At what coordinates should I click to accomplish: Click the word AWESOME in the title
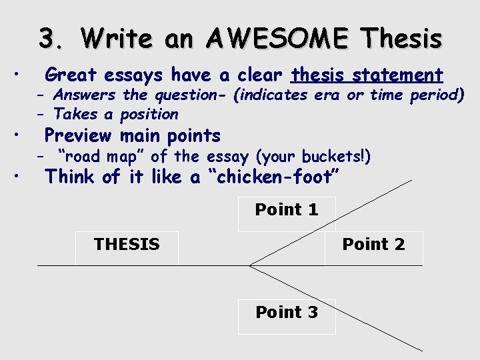point(277,39)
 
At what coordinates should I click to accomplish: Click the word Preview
point(77,135)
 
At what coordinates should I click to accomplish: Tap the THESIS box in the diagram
point(127,245)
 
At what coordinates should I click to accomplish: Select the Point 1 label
point(287,210)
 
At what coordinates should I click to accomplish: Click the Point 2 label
point(373,244)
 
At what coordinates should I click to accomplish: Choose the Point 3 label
point(287,312)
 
